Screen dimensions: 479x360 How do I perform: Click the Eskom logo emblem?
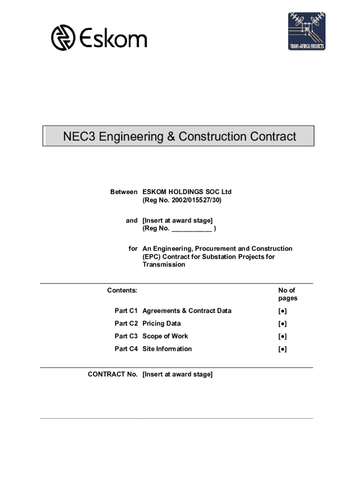point(63,38)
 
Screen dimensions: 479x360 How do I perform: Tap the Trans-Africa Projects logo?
point(306,31)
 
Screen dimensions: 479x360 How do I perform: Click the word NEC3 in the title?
point(79,137)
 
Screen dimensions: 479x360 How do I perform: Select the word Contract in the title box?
point(274,137)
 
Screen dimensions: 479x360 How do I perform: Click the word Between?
point(123,192)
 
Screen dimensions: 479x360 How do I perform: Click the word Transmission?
point(164,265)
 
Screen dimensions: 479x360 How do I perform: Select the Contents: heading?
point(122,290)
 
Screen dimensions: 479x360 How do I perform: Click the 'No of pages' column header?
point(287,294)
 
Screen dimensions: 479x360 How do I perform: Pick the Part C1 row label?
point(126,311)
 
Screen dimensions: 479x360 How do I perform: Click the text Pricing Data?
point(161,324)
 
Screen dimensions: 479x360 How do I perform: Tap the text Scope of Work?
point(165,336)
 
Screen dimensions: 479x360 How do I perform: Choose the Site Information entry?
point(167,349)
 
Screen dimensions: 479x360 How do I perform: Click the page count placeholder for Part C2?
point(282,324)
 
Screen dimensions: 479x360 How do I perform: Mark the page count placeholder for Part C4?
point(282,349)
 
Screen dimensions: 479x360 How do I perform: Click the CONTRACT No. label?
point(113,374)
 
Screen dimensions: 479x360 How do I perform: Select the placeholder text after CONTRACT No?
point(177,374)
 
